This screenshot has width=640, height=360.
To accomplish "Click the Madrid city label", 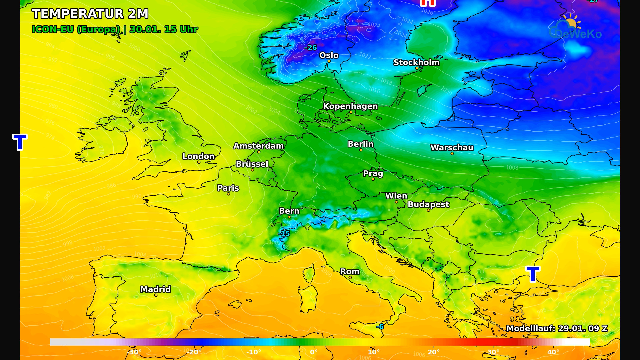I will [155, 289].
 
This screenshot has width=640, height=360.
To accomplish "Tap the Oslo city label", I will [329, 55].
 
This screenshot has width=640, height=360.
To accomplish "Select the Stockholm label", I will [416, 62].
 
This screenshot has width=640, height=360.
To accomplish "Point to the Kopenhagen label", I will [350, 106].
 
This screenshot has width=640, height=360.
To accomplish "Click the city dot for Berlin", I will [361, 150].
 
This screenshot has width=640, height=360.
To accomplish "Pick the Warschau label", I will [452, 147].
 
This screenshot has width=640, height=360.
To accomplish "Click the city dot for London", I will [199, 162].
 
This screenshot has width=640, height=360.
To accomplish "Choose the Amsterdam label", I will [258, 146].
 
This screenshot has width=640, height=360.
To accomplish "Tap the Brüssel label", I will [252, 164].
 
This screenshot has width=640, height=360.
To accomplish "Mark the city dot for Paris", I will [228, 194].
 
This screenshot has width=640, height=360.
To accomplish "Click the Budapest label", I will [428, 204].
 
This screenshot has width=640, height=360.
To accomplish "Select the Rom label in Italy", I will [350, 271].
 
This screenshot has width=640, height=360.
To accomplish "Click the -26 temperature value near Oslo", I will [311, 48].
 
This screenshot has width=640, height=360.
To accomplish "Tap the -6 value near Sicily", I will [380, 327].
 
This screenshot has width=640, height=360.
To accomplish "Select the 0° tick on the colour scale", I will [314, 352].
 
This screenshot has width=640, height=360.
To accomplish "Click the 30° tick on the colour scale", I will [493, 352].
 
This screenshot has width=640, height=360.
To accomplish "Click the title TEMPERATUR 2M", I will [90, 14].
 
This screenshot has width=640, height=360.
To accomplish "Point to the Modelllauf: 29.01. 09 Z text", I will [557, 328].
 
